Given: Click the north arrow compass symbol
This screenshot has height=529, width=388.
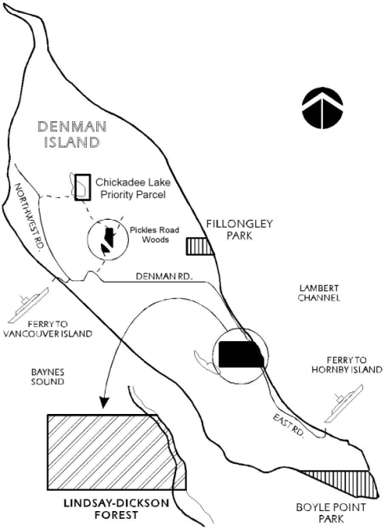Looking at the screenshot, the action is (x=323, y=108).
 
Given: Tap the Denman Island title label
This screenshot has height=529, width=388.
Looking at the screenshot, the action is (x=72, y=134).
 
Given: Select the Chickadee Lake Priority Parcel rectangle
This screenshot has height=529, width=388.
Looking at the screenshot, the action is (x=82, y=187).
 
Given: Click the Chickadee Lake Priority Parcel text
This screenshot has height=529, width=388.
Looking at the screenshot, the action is (x=133, y=188).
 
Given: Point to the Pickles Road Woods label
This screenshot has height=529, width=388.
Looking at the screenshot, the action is (x=154, y=235).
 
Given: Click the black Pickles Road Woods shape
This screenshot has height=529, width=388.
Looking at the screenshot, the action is (x=108, y=239).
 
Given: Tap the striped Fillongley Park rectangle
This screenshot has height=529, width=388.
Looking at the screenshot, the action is (x=199, y=246).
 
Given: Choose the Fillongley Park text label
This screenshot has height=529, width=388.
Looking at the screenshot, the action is (x=239, y=229).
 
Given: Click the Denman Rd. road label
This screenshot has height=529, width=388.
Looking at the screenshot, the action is (x=165, y=277).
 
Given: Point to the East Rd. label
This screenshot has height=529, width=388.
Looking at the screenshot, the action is (x=289, y=426).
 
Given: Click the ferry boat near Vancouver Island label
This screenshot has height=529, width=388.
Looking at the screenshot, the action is (x=29, y=305).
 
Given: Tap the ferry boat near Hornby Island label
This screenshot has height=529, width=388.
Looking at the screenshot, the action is (x=344, y=403).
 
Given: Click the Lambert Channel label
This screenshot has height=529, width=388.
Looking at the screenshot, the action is (x=319, y=293).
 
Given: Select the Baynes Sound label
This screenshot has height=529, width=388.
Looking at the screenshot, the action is (x=47, y=377).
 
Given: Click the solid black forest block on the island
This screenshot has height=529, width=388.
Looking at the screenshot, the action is (x=241, y=354).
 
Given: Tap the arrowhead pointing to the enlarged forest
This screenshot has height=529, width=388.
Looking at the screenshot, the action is (x=105, y=402).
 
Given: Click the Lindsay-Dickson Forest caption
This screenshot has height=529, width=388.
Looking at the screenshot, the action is (x=116, y=509).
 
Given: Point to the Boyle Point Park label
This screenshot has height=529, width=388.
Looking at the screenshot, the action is (x=331, y=513).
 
